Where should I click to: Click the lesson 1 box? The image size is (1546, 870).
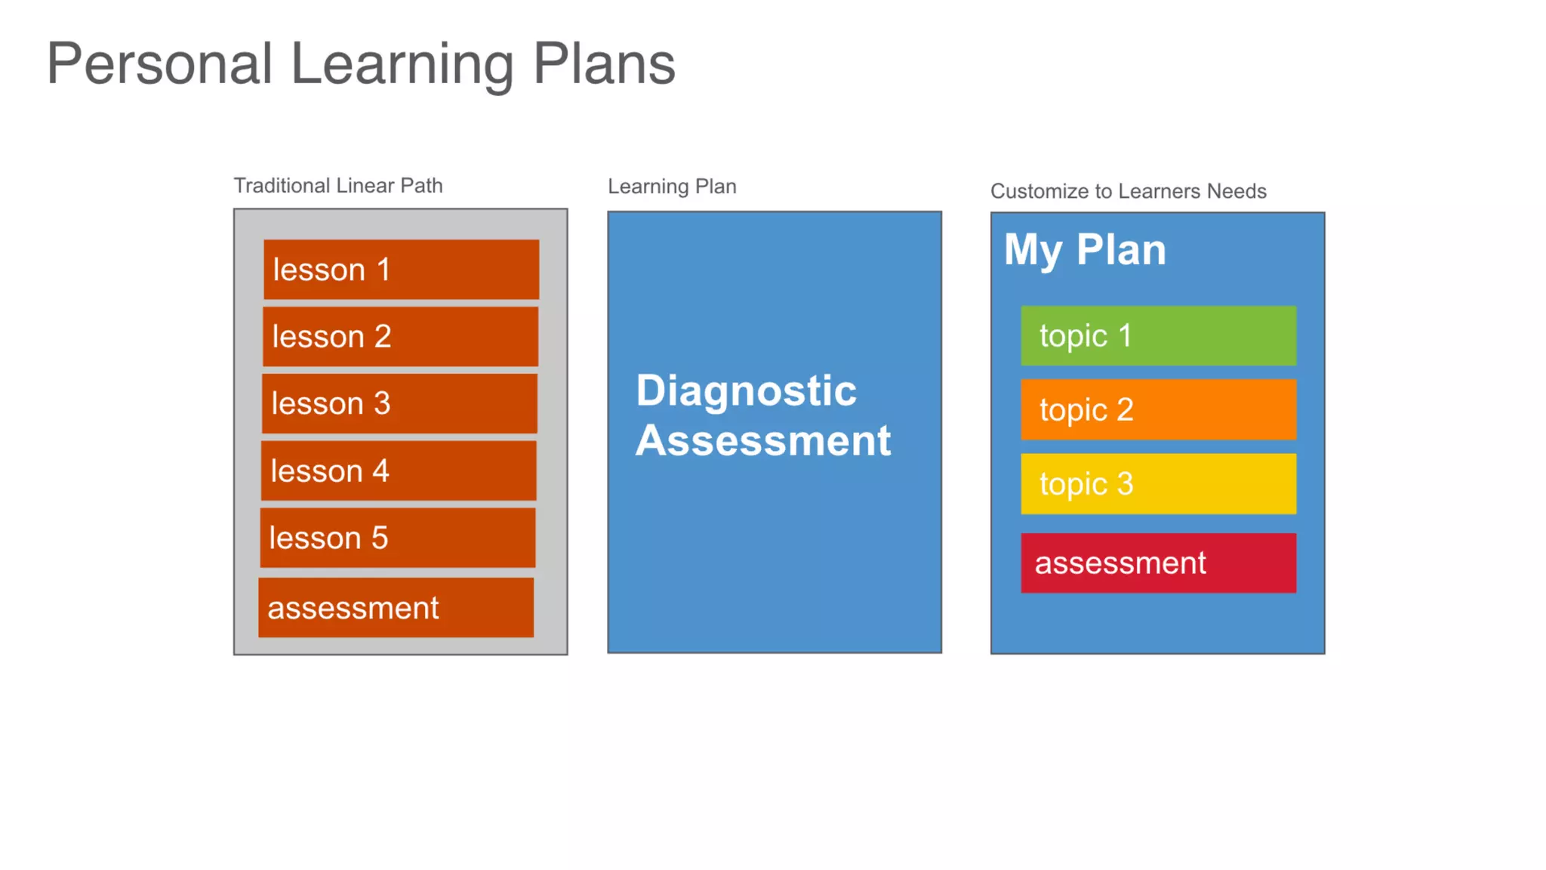tap(401, 270)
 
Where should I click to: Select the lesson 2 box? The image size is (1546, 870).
tap(400, 336)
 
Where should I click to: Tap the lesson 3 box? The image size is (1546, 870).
tap(399, 403)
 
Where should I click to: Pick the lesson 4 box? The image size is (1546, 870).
tap(399, 470)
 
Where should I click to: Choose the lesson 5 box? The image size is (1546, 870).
tap(398, 538)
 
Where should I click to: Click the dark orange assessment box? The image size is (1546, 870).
tap(396, 608)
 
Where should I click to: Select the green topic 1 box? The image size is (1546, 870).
tap(1158, 335)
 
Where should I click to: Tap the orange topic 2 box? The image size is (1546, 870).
tap(1158, 409)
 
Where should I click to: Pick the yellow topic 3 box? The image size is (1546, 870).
tap(1158, 483)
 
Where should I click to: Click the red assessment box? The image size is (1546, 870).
tap(1158, 563)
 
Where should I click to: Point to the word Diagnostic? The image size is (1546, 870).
tap(746, 391)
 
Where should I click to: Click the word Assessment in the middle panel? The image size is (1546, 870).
tap(763, 440)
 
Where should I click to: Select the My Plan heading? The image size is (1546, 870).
tap(1085, 250)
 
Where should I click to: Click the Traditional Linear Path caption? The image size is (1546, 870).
tap(337, 186)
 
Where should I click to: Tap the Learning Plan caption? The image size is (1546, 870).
tap(672, 187)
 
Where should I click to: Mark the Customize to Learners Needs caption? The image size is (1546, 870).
tap(1128, 191)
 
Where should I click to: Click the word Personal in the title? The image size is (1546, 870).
tap(159, 64)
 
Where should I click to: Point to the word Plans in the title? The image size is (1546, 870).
tap(604, 64)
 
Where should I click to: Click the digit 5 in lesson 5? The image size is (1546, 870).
tap(380, 538)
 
